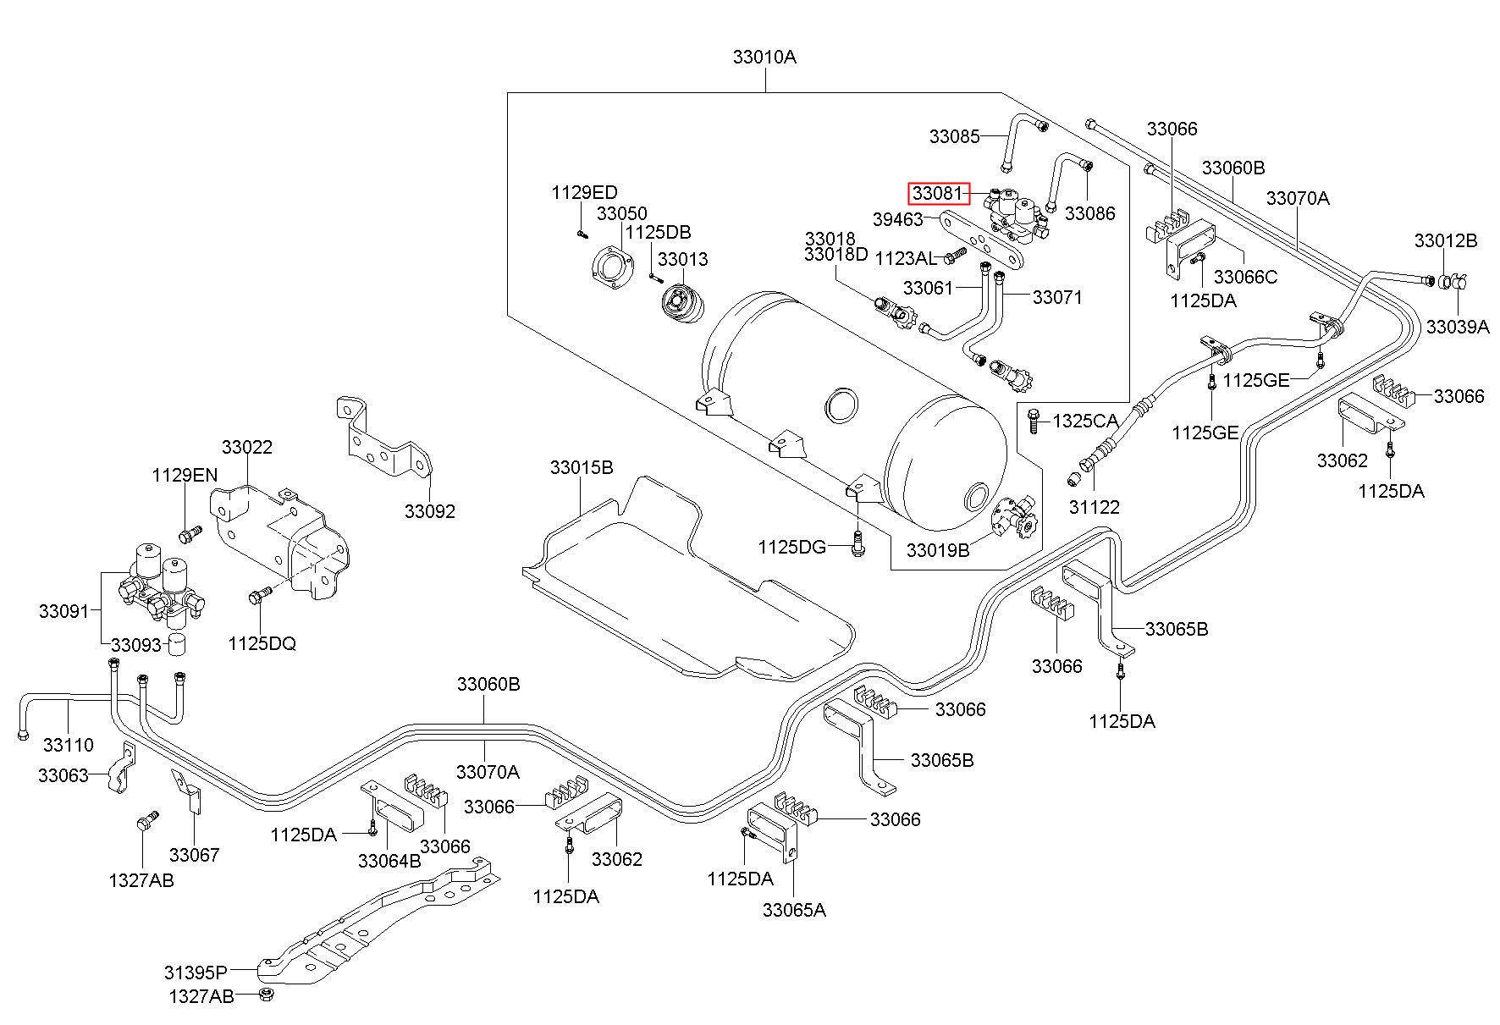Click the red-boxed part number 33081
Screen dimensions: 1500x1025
pos(939,194)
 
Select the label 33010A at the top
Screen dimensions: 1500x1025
pos(764,58)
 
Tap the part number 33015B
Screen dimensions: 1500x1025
pos(582,467)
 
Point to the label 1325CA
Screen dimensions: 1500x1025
pos(1085,421)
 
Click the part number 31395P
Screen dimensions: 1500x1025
pos(196,972)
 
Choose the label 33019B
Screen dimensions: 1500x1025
pos(938,550)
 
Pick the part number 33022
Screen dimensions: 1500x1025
pos(247,447)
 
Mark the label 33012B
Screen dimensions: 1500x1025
pos(1446,240)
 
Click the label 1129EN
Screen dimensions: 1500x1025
pos(185,475)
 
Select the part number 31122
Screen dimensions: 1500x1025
pos(1094,507)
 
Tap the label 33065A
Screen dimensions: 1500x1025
pos(794,910)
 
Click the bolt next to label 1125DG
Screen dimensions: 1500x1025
pos(858,544)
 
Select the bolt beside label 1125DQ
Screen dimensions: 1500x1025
pos(259,596)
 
